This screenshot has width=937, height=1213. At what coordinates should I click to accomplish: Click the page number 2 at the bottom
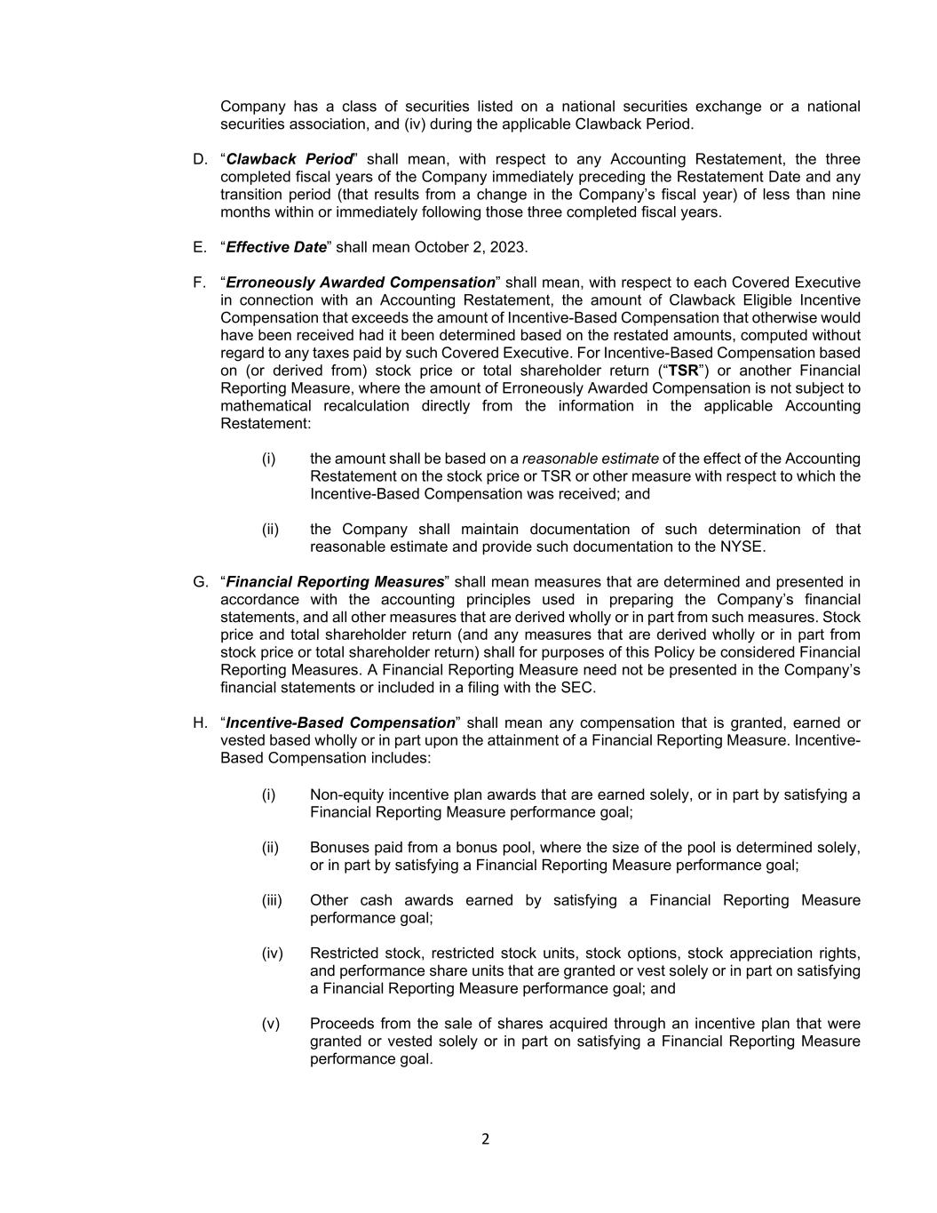(x=485, y=1139)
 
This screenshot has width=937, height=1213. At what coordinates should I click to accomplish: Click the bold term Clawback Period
(x=290, y=159)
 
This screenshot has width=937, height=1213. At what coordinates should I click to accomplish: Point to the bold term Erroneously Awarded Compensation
(x=361, y=283)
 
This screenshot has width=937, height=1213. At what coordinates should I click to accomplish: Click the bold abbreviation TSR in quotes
(x=683, y=371)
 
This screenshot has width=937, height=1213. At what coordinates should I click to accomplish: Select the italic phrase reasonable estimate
(x=590, y=459)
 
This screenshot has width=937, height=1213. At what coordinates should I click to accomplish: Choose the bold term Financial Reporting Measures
(x=335, y=582)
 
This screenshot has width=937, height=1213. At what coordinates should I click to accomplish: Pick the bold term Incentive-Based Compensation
(x=340, y=723)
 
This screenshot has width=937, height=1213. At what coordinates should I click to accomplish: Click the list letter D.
(x=199, y=159)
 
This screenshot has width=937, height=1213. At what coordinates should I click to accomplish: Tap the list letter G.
(x=199, y=582)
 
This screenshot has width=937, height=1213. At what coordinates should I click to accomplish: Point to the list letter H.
(x=199, y=723)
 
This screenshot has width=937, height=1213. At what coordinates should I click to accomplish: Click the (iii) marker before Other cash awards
(x=271, y=900)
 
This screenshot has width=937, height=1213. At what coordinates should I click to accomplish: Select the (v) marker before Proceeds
(x=270, y=1024)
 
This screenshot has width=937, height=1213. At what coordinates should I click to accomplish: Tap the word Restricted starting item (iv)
(x=344, y=954)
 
